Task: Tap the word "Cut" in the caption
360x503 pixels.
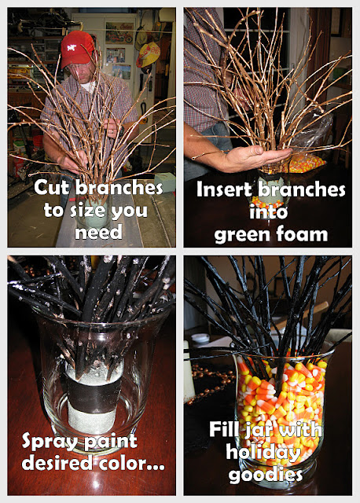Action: [53, 187]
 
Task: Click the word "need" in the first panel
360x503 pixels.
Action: [98, 232]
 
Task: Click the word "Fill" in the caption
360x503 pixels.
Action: [224, 429]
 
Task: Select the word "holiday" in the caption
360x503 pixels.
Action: [263, 453]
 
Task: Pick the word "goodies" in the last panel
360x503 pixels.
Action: [266, 475]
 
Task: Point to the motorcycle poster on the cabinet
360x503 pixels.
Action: [119, 33]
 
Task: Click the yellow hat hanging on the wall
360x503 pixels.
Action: [148, 54]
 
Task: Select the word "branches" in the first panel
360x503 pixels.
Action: [119, 187]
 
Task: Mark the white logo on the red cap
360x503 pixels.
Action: [72, 48]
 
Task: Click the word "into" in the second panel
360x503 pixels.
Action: [268, 211]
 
